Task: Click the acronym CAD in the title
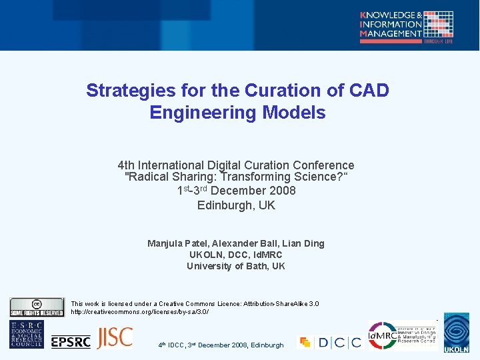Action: [x=366, y=91]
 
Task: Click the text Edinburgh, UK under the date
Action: [x=236, y=205]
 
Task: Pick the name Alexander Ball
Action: [x=244, y=243]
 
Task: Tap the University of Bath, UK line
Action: [x=236, y=266]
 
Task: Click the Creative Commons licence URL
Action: [x=140, y=312]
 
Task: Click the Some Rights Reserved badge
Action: [x=37, y=308]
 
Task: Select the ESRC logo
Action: [x=27, y=335]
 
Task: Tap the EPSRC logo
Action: [x=71, y=341]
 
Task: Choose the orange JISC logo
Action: [x=115, y=338]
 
